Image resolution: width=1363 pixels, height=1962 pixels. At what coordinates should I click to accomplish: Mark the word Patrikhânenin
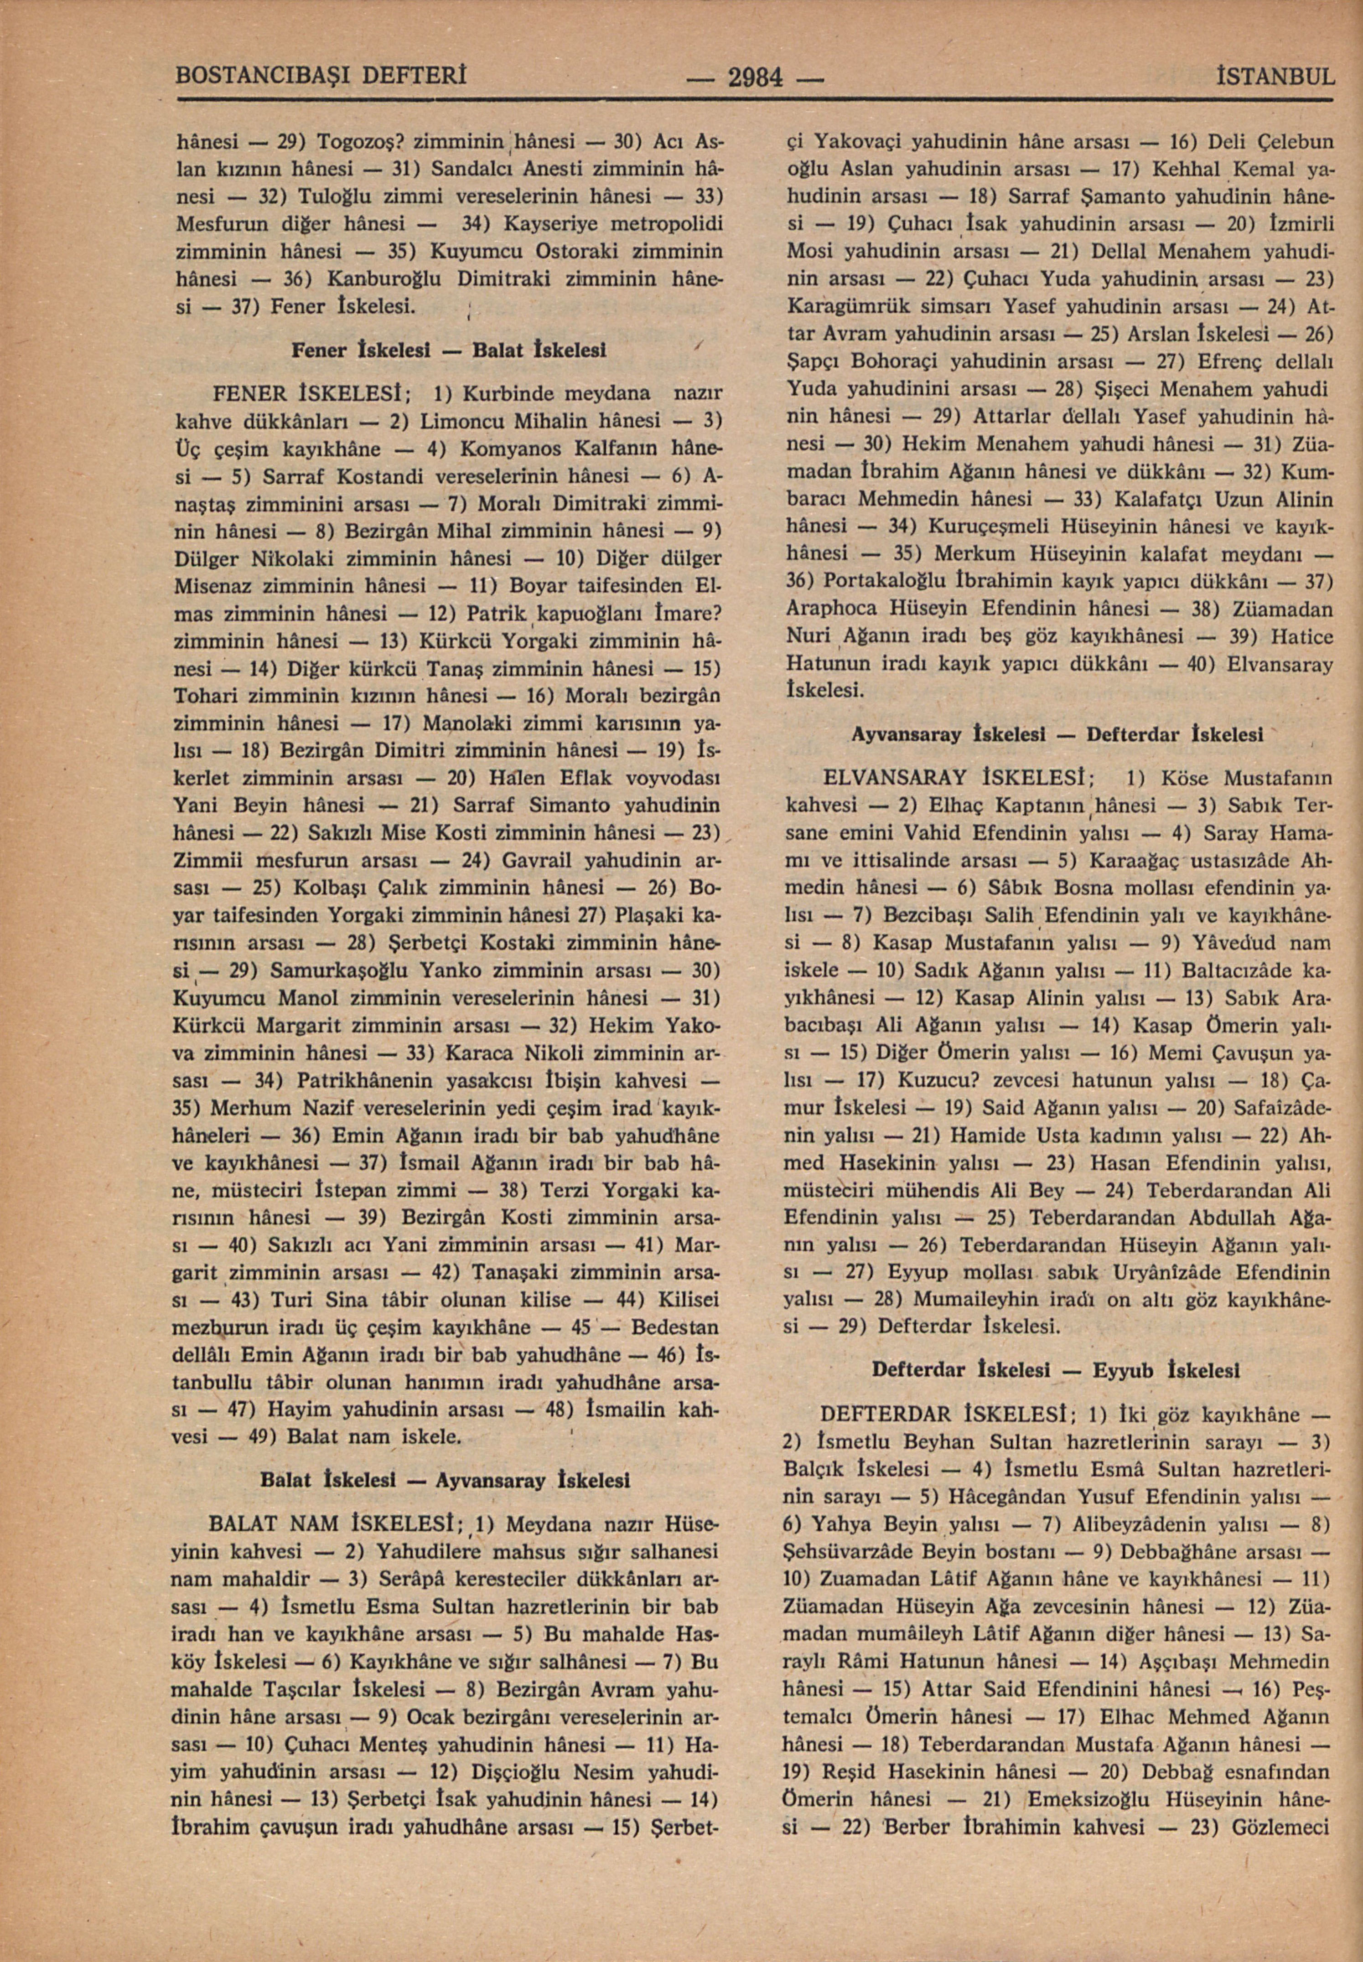click(x=367, y=1081)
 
